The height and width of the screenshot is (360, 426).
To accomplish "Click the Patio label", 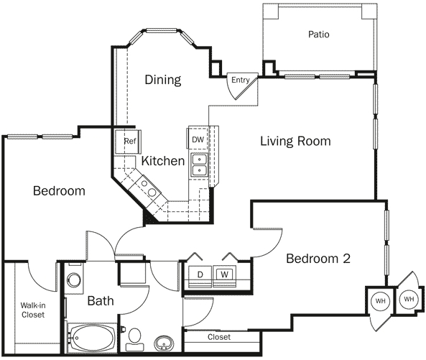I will (319, 34).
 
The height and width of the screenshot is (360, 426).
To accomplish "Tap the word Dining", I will (162, 79).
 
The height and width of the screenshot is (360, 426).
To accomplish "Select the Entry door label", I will (240, 80).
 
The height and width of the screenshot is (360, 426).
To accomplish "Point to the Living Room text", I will (295, 141).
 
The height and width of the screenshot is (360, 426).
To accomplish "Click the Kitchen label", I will (162, 161).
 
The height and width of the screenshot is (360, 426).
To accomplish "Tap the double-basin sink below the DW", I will (199, 166).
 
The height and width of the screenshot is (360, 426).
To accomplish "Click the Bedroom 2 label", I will (318, 259).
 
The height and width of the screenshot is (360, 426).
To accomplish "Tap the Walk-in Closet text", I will (32, 310).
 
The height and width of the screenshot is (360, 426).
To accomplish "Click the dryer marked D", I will (200, 274).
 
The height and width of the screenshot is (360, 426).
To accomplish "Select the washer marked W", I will (224, 274).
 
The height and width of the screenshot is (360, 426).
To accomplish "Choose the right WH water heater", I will (408, 298).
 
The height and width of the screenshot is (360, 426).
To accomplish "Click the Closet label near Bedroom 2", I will (218, 337).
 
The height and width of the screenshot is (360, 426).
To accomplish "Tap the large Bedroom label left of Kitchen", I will (59, 191).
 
